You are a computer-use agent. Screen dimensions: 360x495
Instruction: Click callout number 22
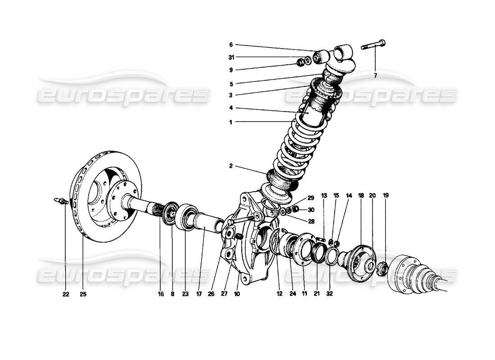[x=66, y=295]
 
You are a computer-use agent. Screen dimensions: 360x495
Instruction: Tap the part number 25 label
[x=83, y=295]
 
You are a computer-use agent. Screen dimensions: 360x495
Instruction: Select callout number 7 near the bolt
[x=375, y=75]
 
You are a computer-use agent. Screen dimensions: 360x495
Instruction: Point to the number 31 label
[x=231, y=57]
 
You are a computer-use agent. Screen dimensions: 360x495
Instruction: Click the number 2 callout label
[x=231, y=166]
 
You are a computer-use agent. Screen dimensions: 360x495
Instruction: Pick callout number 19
[x=385, y=196]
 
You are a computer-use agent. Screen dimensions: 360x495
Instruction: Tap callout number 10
[x=237, y=295]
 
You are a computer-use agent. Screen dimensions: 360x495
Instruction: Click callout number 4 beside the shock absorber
[x=231, y=108]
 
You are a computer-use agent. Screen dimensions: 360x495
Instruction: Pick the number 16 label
[x=160, y=295]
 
